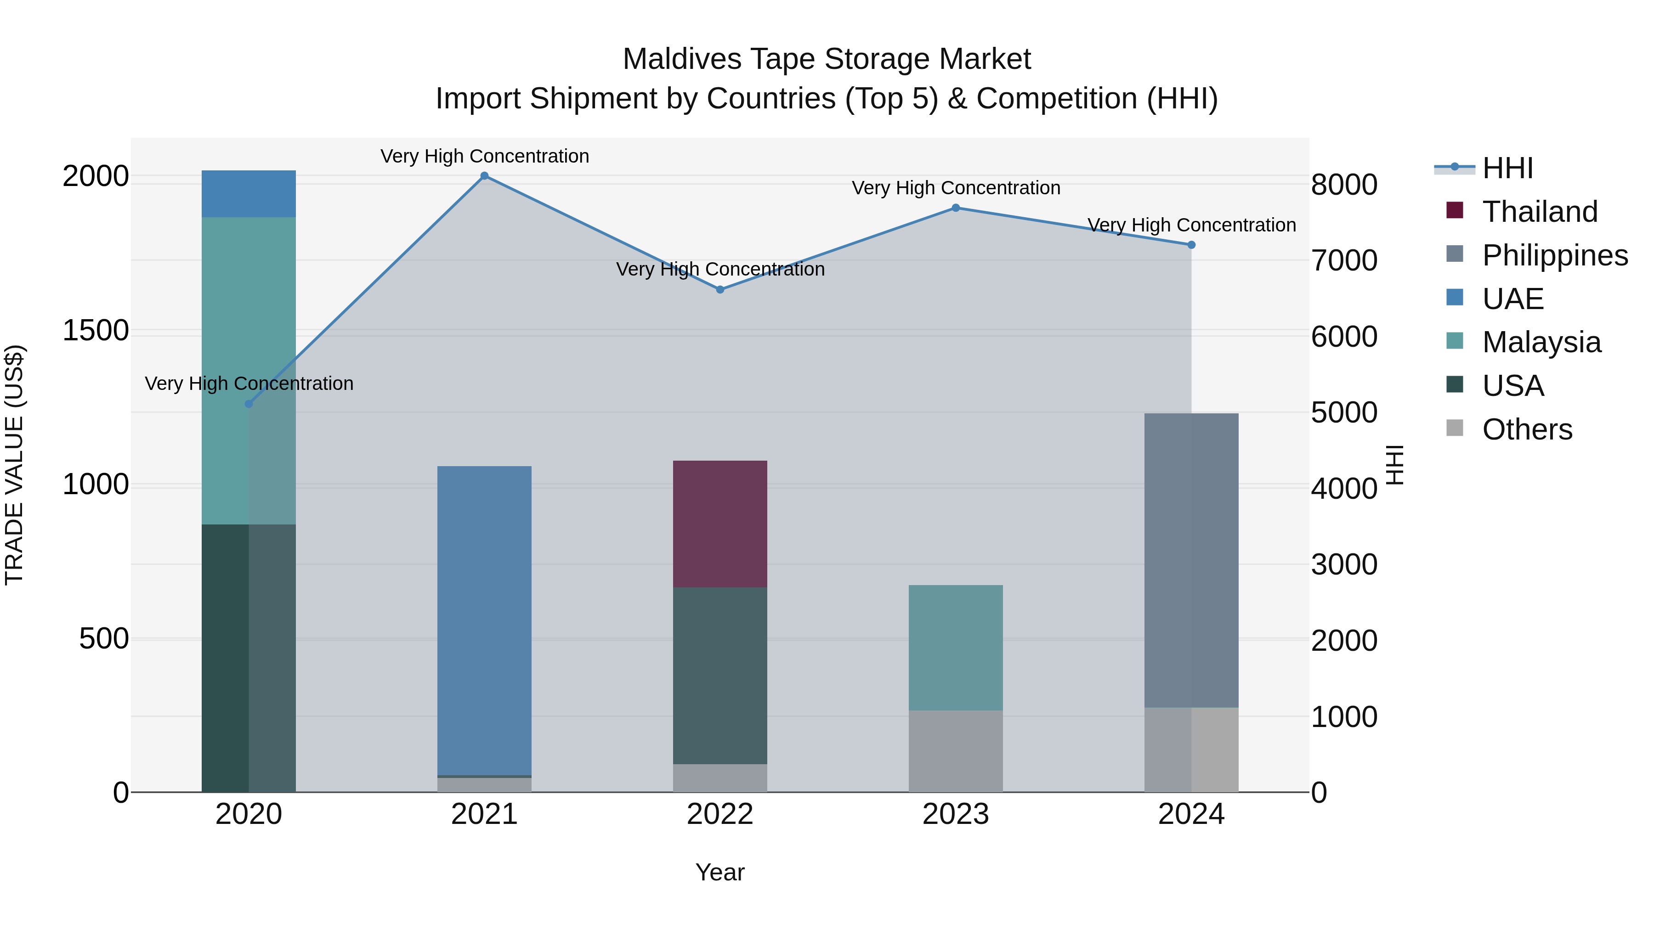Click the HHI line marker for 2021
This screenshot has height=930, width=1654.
[484, 176]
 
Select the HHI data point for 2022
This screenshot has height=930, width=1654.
[720, 289]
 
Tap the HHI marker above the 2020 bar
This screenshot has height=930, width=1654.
[249, 404]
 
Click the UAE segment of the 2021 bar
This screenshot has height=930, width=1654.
[484, 620]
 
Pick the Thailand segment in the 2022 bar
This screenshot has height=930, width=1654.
[720, 523]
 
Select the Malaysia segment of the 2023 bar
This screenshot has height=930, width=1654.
[956, 647]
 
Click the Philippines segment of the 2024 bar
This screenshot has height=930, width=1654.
[1191, 560]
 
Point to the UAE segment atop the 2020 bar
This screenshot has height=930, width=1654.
[249, 194]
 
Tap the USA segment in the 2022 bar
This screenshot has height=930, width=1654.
[720, 675]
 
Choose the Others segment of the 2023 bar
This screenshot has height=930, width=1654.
[956, 750]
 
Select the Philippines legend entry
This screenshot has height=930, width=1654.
[1554, 255]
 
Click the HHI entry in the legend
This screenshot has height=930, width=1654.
[1507, 168]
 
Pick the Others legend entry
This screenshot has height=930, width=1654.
[1527, 429]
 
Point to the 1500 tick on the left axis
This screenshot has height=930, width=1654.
[96, 331]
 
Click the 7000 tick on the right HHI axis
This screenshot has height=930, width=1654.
[1344, 260]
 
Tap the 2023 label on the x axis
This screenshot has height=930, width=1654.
[956, 814]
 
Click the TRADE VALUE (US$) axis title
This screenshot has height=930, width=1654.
[14, 465]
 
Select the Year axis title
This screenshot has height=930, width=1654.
[720, 872]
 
